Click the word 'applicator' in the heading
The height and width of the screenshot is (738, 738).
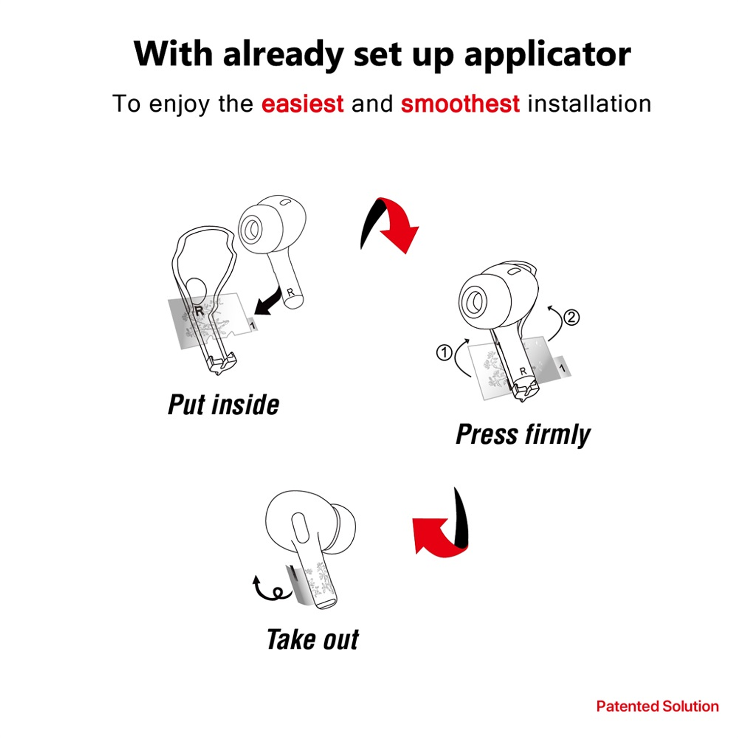[547, 55]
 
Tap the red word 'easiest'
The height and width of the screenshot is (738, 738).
[302, 104]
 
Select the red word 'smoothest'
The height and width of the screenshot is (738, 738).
[460, 104]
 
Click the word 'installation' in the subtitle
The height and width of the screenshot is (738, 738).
[589, 104]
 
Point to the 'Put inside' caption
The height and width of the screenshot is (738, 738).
[224, 405]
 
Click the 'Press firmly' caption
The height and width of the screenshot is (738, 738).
[523, 435]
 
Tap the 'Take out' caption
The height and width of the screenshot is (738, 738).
[313, 640]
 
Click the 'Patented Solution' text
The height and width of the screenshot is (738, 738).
[657, 707]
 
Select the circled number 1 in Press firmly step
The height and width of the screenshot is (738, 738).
[444, 352]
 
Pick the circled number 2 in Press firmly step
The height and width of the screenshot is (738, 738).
[571, 317]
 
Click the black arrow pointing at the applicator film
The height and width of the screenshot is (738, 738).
[268, 301]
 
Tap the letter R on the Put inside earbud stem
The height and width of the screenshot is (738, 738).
[290, 292]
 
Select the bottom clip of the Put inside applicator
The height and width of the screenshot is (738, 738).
[222, 363]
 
